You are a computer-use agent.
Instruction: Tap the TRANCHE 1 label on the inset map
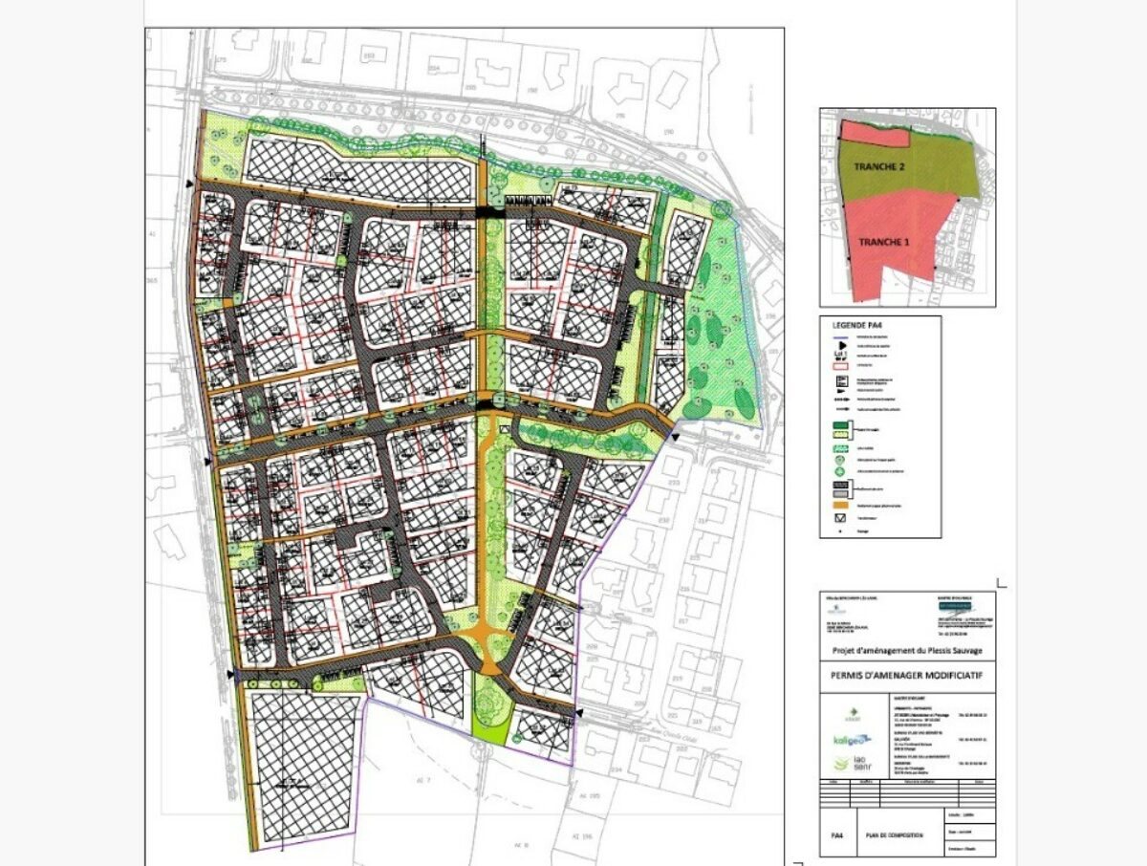coord(882,242)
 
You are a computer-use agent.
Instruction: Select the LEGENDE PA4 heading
coord(853,327)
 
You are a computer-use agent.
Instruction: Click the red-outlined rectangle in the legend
coord(839,365)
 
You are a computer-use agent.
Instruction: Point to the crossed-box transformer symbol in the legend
coord(839,517)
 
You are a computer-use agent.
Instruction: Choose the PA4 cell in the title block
coord(835,835)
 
